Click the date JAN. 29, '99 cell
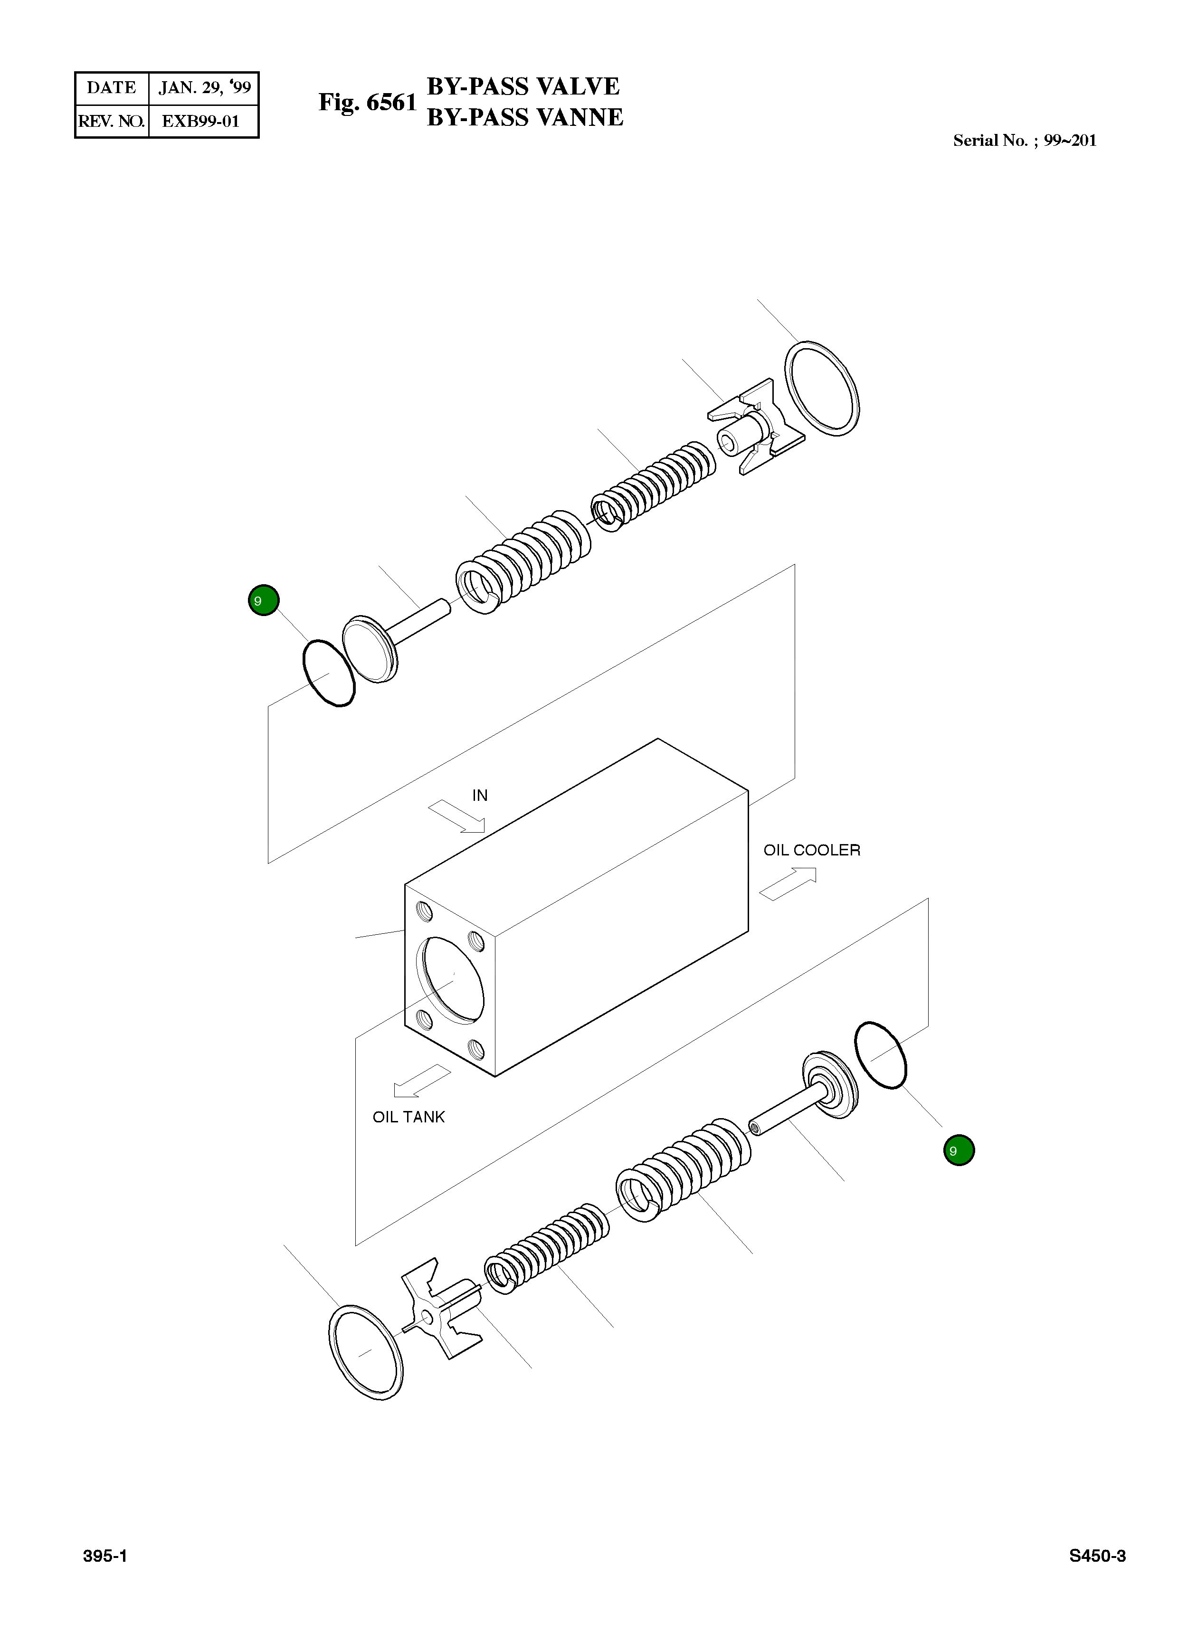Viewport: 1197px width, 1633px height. coord(204,88)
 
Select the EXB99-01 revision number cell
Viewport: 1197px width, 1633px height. coord(201,121)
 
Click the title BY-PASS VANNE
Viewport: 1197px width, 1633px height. coord(524,117)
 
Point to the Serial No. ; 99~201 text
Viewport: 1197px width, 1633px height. coord(1024,141)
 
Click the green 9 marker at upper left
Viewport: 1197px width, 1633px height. coord(264,600)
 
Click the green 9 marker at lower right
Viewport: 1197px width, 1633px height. coord(959,1150)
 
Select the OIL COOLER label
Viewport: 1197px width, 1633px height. coord(811,850)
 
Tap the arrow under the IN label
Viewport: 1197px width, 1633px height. coord(456,816)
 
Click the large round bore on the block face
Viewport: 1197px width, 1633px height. coord(451,979)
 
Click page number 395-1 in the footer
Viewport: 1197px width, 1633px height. coord(105,1556)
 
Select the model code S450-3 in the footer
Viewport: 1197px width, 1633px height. coord(1097,1556)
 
